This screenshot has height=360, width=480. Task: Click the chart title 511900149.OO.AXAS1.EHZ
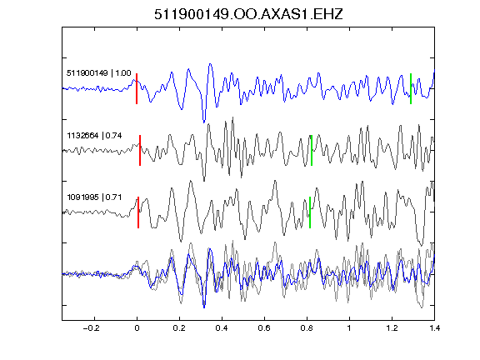[x=248, y=14]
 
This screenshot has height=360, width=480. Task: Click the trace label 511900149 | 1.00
[x=99, y=73]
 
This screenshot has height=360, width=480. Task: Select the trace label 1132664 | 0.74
[x=94, y=135]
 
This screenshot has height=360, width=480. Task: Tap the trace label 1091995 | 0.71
[x=94, y=197]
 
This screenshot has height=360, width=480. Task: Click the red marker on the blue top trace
[x=137, y=89]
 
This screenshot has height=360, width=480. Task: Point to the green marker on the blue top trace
[x=411, y=89]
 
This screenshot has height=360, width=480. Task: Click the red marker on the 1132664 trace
[x=140, y=151]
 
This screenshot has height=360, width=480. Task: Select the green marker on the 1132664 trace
[x=312, y=151]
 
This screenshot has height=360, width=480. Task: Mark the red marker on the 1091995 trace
[x=138, y=212]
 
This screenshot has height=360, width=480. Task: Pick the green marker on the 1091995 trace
[x=310, y=212]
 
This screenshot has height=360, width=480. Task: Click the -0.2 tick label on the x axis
[x=92, y=328]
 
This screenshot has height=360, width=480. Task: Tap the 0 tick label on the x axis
[x=137, y=328]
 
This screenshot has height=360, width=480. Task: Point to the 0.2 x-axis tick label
[x=179, y=328]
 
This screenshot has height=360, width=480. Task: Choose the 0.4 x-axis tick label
[x=222, y=328]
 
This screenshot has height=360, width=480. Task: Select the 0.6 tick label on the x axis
[x=264, y=328]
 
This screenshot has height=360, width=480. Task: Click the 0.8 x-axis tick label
[x=307, y=328]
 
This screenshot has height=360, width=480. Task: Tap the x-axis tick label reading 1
[x=349, y=328]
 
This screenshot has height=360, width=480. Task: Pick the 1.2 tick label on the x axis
[x=392, y=328]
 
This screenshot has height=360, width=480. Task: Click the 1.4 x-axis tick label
[x=434, y=328]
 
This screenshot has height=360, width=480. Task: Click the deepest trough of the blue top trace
[x=204, y=122]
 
